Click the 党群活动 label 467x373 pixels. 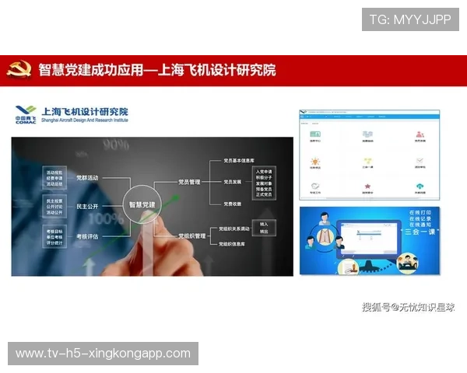[x=87, y=178]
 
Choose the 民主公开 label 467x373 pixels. [x=87, y=207]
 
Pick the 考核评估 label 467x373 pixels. [x=87, y=235]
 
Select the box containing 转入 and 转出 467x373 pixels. [x=264, y=228]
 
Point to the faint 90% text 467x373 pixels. [x=115, y=145]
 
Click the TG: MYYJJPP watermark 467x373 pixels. [x=410, y=19]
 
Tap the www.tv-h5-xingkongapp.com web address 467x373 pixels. [x=103, y=354]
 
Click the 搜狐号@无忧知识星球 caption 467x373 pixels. [x=408, y=307]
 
